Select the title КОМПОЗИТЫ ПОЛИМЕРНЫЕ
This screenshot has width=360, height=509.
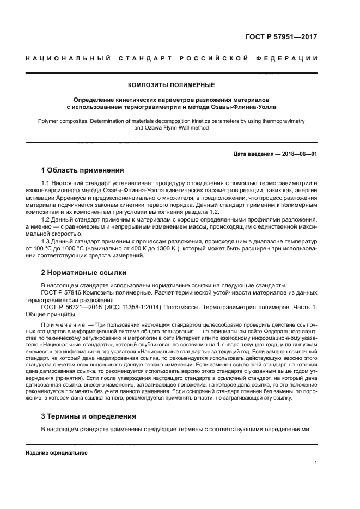tap(171, 85)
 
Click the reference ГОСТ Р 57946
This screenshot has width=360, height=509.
tap(63, 292)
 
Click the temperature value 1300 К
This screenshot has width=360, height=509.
tap(162, 249)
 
